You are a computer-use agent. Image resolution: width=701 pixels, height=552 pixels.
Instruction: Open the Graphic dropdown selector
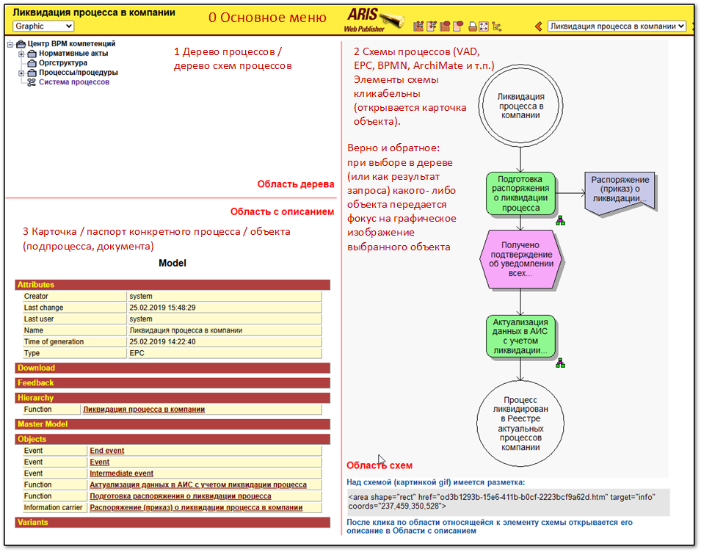[43, 26]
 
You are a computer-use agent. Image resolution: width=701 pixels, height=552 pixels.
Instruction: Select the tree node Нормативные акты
[73, 54]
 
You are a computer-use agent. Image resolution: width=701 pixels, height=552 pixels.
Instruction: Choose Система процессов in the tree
[74, 82]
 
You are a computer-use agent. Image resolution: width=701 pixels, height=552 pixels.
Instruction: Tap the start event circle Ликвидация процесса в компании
[520, 106]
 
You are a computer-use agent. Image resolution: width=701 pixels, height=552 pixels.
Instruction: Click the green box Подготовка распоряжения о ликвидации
[520, 193]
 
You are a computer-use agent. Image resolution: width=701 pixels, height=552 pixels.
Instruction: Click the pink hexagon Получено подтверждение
[520, 258]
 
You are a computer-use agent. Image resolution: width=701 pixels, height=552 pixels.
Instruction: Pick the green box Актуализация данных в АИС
[520, 336]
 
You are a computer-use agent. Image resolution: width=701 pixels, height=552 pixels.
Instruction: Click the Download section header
[36, 368]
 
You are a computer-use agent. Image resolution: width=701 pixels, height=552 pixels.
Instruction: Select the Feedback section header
[36, 382]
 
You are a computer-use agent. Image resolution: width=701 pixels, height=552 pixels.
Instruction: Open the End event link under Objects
[106, 451]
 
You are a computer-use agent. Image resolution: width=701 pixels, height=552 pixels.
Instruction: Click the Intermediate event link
[121, 473]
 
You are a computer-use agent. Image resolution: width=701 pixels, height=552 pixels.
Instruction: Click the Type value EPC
[138, 353]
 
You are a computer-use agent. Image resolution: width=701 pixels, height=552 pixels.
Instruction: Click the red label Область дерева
[296, 184]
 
